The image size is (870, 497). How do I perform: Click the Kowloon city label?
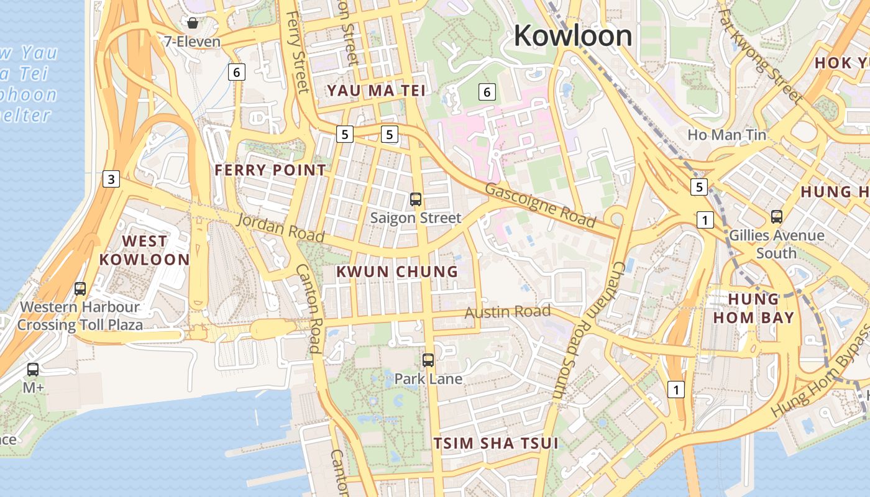pyautogui.click(x=572, y=35)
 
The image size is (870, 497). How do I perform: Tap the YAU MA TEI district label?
pyautogui.click(x=377, y=91)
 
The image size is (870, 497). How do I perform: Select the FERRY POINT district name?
pyautogui.click(x=270, y=170)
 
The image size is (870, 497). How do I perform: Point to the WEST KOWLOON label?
pyautogui.click(x=145, y=250)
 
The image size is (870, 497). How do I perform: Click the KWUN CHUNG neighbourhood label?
pyautogui.click(x=397, y=271)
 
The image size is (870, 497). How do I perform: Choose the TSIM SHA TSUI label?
pyautogui.click(x=496, y=444)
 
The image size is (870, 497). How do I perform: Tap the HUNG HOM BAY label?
pyautogui.click(x=753, y=308)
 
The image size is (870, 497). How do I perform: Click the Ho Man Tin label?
pyautogui.click(x=726, y=134)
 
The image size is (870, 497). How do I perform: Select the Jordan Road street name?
pyautogui.click(x=281, y=227)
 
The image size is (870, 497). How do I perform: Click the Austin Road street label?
pyautogui.click(x=508, y=311)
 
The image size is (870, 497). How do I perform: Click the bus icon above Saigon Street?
pyautogui.click(x=416, y=199)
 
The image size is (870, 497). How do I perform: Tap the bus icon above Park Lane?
pyautogui.click(x=428, y=360)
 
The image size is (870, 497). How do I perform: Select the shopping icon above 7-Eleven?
pyautogui.click(x=193, y=24)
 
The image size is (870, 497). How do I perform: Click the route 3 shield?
pyautogui.click(x=111, y=180)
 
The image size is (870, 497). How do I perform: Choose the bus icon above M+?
pyautogui.click(x=33, y=370)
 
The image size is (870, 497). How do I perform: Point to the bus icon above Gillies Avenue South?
pyautogui.click(x=777, y=217)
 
